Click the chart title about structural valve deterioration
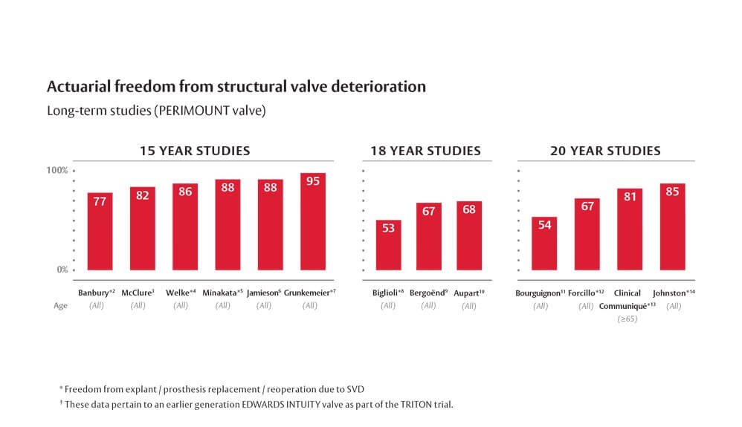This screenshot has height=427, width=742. click(236, 86)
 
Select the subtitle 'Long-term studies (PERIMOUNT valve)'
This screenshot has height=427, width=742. click(156, 111)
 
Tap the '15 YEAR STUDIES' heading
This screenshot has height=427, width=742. click(195, 151)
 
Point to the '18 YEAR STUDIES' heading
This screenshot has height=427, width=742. click(425, 151)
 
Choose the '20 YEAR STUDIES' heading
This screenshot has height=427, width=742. click(605, 151)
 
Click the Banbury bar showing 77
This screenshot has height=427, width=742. click(100, 232)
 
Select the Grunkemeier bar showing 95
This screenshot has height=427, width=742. click(313, 222)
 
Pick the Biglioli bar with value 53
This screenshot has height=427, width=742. click(388, 245)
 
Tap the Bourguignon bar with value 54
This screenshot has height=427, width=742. click(544, 244)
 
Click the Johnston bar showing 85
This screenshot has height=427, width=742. click(672, 226)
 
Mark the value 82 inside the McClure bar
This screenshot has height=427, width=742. click(143, 195)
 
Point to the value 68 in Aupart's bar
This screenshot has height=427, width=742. click(469, 210)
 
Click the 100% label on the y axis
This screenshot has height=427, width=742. click(58, 170)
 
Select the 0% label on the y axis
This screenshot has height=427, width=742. click(62, 270)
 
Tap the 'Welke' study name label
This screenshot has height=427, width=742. click(179, 293)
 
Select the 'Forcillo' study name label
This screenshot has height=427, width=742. click(585, 293)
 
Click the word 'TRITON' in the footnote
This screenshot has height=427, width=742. click(402, 404)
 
